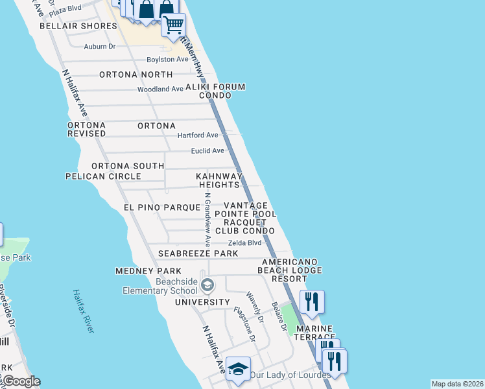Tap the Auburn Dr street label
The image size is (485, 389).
99,47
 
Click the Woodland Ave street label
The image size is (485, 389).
160,89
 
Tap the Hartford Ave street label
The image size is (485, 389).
198,135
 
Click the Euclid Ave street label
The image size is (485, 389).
207,150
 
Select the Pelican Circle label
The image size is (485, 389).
103,176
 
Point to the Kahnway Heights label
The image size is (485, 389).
219,180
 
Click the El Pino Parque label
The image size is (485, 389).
161,207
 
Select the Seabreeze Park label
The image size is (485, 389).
197,253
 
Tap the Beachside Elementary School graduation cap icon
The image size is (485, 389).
207,285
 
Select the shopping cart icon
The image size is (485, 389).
174,25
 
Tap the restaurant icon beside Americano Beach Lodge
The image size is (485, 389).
312,302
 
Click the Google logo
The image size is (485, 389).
21,381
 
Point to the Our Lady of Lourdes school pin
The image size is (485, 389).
239,370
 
